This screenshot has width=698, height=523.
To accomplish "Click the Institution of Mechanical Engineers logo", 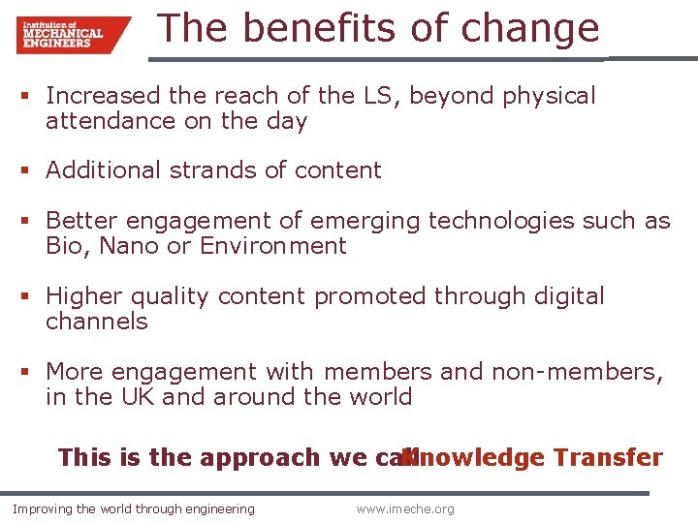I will point(72,34).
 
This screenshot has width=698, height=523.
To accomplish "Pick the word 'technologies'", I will point(501,221).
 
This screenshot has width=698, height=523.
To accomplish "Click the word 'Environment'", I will point(272,246).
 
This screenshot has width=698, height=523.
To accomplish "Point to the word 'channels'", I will point(97,322).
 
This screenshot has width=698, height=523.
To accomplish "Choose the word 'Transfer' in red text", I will point(608,457).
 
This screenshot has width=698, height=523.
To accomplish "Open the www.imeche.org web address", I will point(404,509).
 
